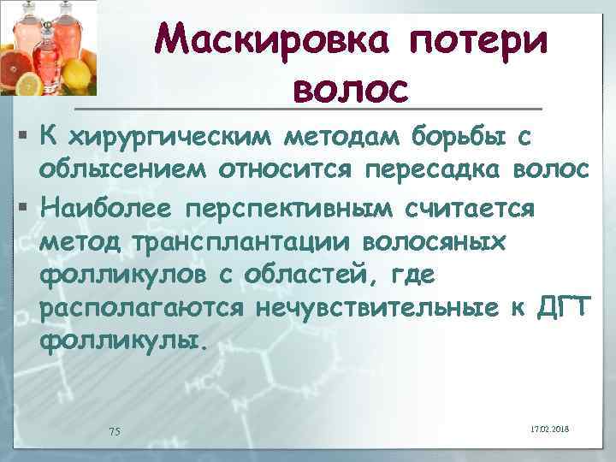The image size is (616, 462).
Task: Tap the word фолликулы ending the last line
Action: [x=121, y=343]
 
